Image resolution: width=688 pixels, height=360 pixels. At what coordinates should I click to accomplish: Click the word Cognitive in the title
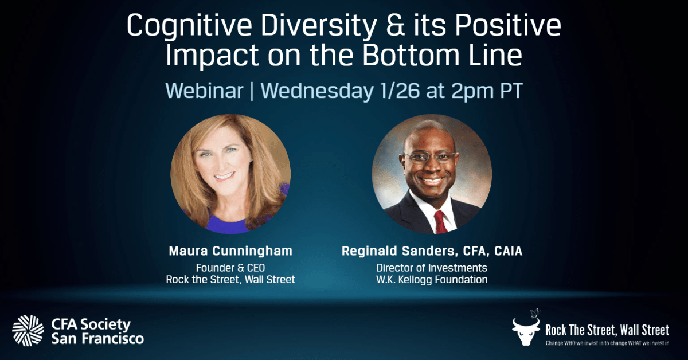click(189, 26)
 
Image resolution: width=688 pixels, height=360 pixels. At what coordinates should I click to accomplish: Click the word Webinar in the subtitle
click(204, 91)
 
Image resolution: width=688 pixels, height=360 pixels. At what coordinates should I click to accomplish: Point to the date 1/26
click(400, 91)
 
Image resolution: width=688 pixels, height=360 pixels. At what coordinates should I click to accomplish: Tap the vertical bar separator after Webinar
click(252, 91)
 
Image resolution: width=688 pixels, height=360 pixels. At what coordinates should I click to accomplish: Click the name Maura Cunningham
click(230, 251)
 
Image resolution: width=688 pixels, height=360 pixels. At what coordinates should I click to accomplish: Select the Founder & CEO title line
click(230, 268)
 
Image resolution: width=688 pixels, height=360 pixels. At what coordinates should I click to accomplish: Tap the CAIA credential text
click(508, 251)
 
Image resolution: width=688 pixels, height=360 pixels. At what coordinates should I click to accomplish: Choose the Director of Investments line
click(432, 268)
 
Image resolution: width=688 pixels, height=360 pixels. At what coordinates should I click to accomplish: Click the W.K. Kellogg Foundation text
click(432, 280)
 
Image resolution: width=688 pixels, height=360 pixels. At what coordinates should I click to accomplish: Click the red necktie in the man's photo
click(440, 222)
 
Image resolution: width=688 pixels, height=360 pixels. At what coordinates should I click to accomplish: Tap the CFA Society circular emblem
click(28, 331)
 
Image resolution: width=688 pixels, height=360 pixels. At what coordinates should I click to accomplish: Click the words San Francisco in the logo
click(97, 338)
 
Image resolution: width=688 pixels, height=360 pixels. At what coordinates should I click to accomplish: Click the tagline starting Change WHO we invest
click(607, 343)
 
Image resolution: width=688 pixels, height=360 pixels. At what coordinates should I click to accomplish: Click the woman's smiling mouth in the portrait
click(224, 177)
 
